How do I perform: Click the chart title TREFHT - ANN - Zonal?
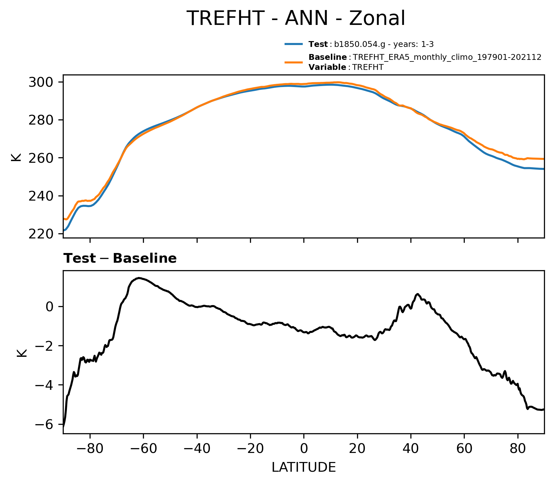(x=296, y=18)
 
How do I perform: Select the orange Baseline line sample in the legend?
(x=293, y=62)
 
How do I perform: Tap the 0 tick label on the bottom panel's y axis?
(x=50, y=307)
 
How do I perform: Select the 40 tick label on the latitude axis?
(x=411, y=448)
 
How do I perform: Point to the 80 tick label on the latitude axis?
(x=518, y=448)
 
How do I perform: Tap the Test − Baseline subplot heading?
(x=120, y=258)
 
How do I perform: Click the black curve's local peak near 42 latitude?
(x=418, y=294)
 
